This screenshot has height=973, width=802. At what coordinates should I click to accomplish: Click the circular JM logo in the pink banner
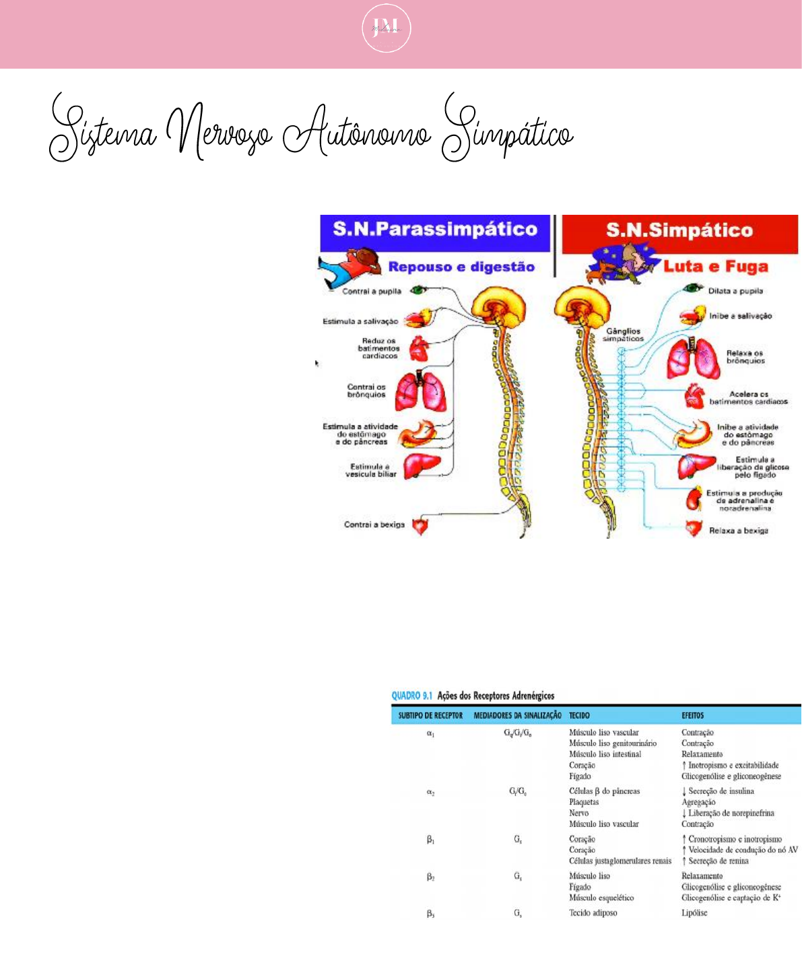[x=386, y=28]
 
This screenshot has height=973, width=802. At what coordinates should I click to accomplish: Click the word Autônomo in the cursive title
[x=357, y=131]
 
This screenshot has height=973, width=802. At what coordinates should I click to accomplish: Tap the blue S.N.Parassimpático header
[x=435, y=230]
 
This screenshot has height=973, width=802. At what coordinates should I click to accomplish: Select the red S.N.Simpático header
[x=679, y=230]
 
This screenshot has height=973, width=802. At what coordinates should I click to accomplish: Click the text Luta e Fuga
[x=715, y=267]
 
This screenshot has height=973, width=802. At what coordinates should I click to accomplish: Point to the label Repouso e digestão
[x=461, y=267]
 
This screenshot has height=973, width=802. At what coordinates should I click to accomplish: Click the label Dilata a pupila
[x=735, y=291]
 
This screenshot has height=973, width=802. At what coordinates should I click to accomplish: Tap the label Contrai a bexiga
[x=374, y=525]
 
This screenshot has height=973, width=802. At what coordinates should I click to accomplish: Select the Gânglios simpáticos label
[x=623, y=335]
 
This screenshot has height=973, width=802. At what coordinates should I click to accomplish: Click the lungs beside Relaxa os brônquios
[x=693, y=358]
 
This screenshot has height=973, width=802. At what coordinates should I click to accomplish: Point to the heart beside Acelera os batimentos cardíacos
[x=694, y=397]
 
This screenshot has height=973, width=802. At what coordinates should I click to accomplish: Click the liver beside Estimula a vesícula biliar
[x=422, y=466]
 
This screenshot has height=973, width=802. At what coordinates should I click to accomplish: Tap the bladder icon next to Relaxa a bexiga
[x=694, y=529]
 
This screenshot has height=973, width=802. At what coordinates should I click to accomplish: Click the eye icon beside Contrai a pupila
[x=419, y=290]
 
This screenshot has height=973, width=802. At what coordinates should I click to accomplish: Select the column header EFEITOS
[x=692, y=715]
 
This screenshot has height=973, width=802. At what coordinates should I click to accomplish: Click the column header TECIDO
[x=579, y=715]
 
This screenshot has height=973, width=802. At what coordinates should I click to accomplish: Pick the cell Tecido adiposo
[x=593, y=913]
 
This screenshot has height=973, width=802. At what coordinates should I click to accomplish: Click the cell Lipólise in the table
[x=694, y=913]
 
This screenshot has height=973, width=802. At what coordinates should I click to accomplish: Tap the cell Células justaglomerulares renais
[x=620, y=861]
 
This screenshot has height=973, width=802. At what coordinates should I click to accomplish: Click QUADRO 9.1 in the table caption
[x=411, y=696]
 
